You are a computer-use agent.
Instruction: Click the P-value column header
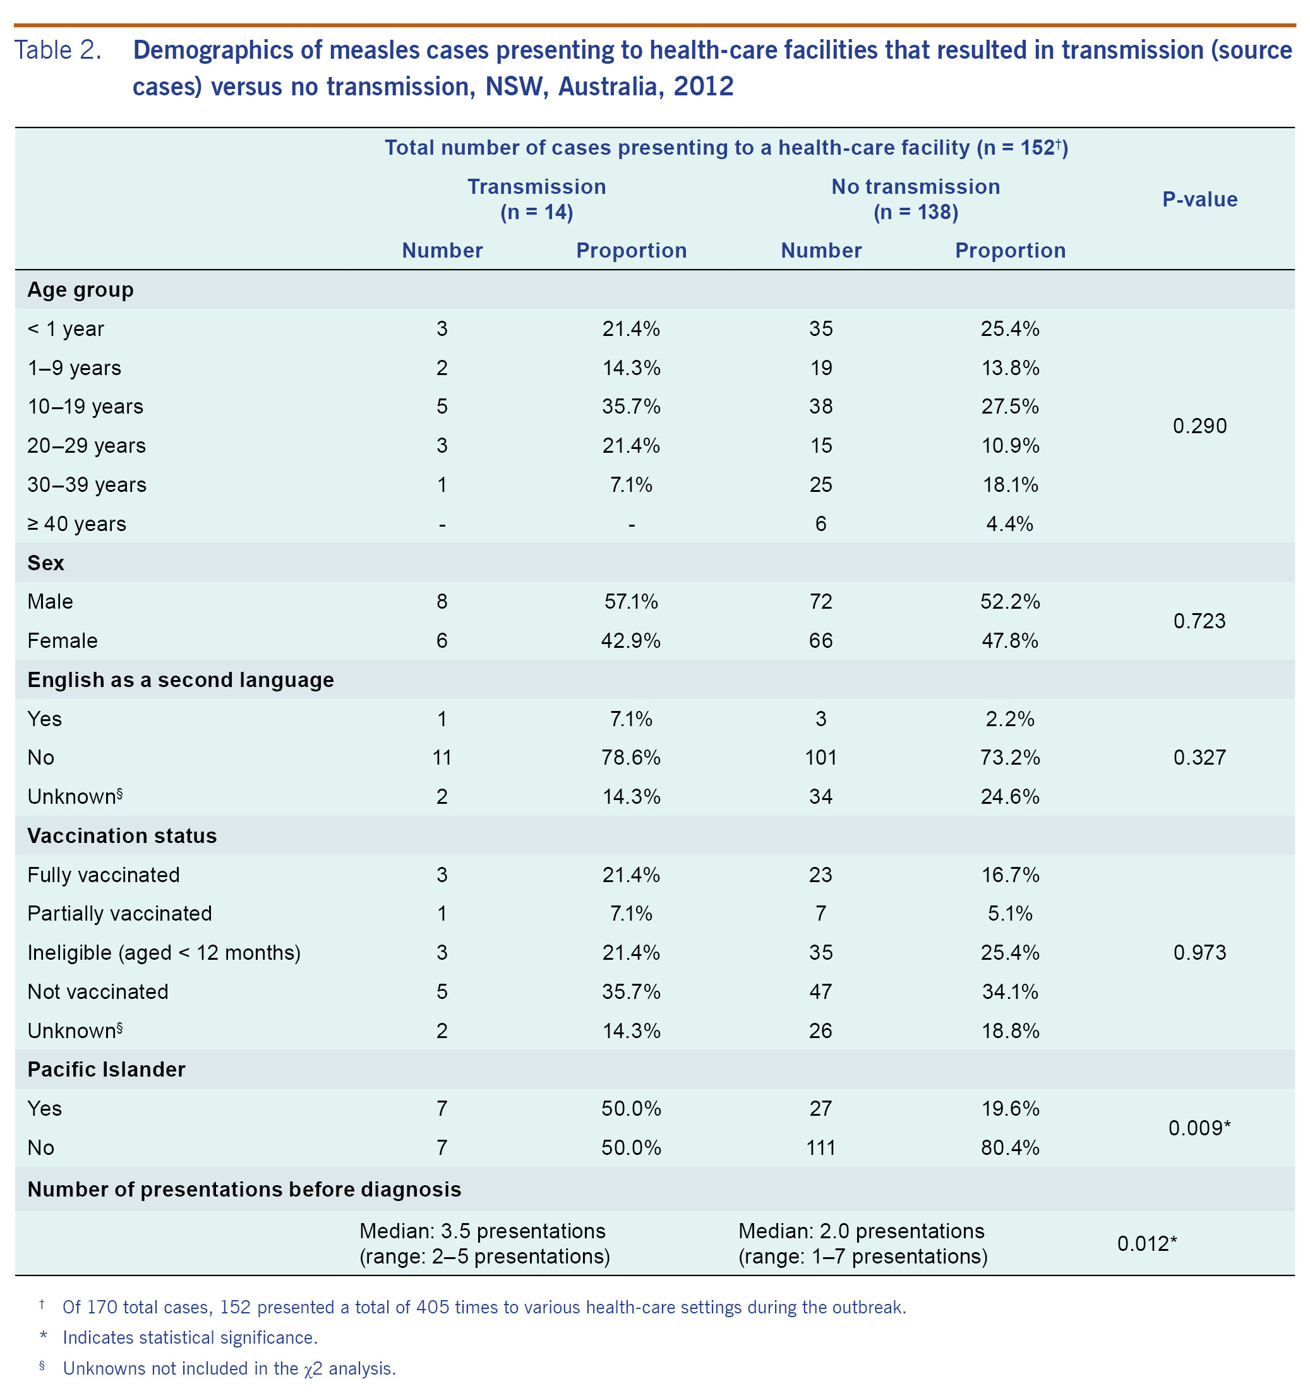1199,199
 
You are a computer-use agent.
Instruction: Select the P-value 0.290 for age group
1199,426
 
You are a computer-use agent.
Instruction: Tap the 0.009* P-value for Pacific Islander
1199,1127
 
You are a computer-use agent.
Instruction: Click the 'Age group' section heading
80,290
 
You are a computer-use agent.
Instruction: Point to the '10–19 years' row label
85,407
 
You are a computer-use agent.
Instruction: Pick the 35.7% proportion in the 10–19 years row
630,407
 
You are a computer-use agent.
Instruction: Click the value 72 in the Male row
820,601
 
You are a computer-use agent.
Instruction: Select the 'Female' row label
63,641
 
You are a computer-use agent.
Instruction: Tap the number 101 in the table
820,757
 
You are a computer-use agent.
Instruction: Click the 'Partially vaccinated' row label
119,913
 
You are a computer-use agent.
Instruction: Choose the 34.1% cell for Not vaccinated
1009,991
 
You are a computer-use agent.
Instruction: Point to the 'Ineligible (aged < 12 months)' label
164,952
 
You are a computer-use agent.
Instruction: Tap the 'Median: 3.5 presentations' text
482,1231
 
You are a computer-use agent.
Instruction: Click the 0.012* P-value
1147,1243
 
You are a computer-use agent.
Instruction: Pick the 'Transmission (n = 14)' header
536,199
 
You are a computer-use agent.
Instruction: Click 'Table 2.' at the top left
57,50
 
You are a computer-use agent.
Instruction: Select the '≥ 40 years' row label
76,524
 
